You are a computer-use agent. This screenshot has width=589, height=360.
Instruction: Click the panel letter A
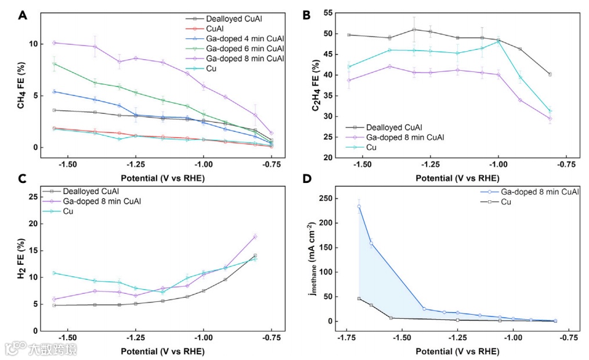(x=23, y=15)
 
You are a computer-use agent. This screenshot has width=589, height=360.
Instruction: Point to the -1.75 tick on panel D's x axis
(x=346, y=337)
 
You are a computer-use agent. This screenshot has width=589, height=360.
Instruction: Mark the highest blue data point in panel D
(x=359, y=206)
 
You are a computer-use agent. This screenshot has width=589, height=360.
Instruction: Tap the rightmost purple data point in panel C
(x=255, y=236)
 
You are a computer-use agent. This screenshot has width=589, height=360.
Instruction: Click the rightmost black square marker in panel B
(x=550, y=74)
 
